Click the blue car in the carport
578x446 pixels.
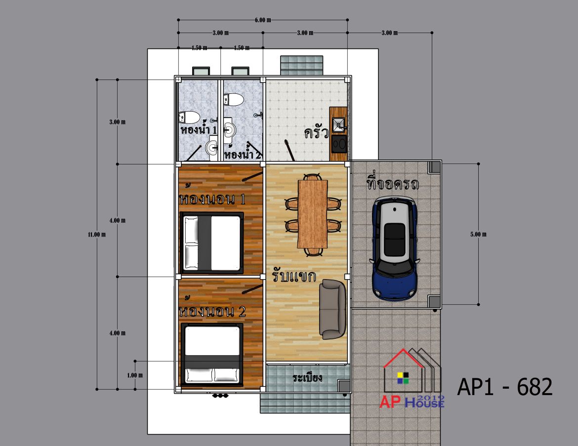tap(395, 248)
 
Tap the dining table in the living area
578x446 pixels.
tap(313, 214)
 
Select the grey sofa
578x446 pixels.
tap(333, 309)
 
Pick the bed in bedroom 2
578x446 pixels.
tap(212, 354)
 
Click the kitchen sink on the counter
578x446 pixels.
tap(338, 125)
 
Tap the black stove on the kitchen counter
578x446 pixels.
tap(339, 144)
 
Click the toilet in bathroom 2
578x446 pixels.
tap(234, 99)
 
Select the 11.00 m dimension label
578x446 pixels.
tap(97, 235)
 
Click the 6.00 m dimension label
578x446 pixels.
tap(263, 20)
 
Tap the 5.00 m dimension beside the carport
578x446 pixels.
tap(478, 234)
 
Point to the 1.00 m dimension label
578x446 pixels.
tap(135, 375)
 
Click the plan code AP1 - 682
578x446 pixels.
tap(505, 387)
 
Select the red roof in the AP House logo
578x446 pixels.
tap(404, 358)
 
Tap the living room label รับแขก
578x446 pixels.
tap(294, 276)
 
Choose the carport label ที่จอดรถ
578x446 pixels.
tap(393, 182)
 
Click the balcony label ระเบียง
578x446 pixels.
tap(307, 377)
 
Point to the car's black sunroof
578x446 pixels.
tap(394, 239)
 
